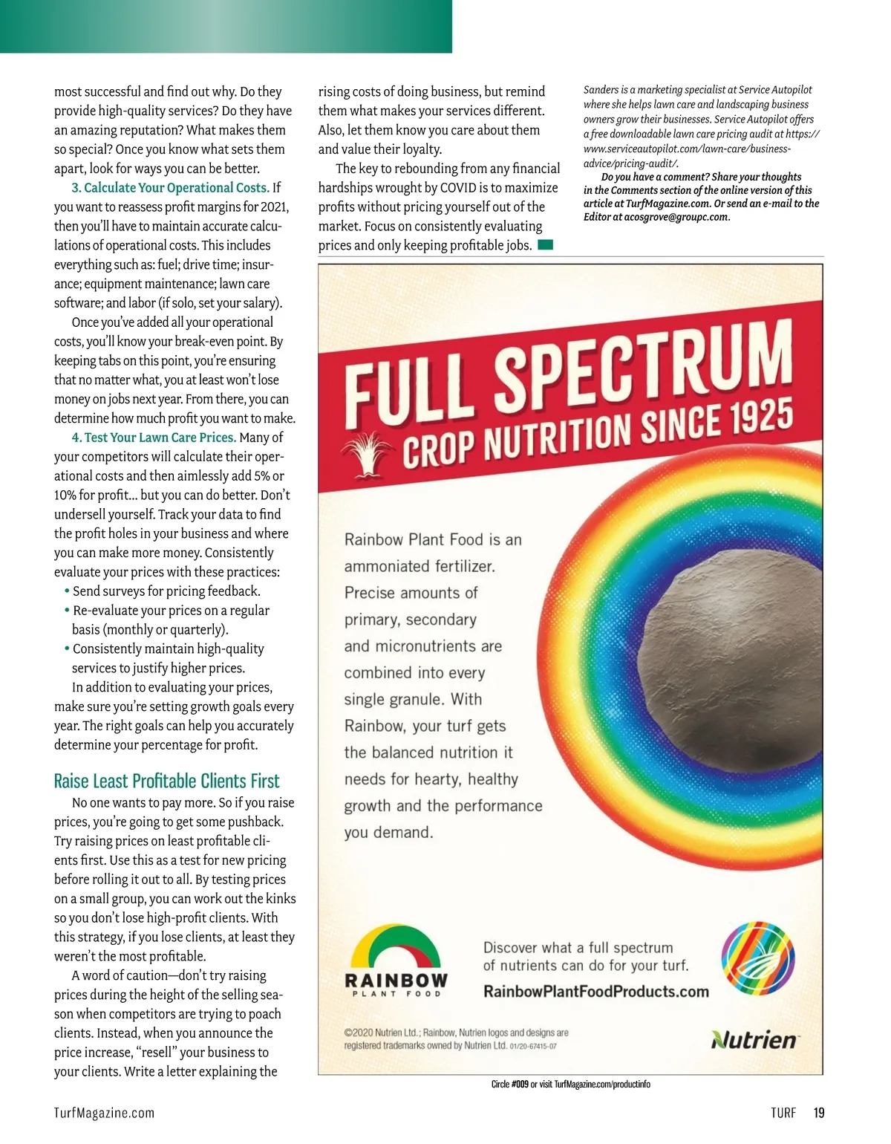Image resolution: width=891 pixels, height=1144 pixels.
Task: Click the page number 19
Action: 818,1113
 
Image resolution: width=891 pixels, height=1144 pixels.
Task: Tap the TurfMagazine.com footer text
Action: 104,1113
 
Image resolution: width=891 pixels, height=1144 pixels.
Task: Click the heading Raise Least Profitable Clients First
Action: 166,781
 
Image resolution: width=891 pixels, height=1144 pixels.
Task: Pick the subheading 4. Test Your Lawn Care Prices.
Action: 154,438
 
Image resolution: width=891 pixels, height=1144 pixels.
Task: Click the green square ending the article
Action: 546,245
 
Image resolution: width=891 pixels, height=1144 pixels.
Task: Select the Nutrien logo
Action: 754,1039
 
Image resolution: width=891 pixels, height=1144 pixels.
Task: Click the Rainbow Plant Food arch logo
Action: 396,959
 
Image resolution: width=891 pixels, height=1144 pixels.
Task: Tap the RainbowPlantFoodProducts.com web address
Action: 595,992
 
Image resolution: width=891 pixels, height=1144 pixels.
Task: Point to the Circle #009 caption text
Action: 570,1085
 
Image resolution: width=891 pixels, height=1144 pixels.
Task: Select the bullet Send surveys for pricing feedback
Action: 166,591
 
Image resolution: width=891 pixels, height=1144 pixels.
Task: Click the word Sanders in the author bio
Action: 601,90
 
